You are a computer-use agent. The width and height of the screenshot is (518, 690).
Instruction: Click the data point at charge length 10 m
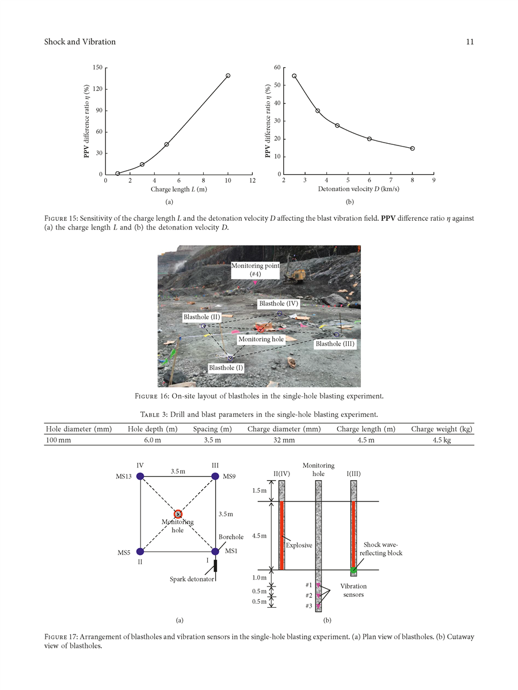(228, 76)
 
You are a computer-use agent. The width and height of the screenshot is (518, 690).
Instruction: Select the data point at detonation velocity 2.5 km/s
(294, 76)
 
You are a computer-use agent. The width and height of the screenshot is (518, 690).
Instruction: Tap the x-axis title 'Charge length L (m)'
(178, 189)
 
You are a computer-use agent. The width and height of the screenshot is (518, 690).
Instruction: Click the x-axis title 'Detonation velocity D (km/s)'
(359, 189)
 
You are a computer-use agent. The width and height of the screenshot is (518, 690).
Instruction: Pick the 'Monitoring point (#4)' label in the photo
(255, 270)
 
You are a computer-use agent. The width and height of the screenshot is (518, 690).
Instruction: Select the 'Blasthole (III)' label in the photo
(335, 344)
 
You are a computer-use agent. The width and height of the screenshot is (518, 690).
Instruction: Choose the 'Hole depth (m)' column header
(152, 429)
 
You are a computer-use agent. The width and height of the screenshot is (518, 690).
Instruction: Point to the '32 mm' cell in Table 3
(283, 440)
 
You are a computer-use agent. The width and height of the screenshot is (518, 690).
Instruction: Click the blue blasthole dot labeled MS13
(140, 476)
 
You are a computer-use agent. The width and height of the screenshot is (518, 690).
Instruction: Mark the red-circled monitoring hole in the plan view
(178, 514)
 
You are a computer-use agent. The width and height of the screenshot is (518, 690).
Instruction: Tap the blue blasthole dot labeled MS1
(215, 551)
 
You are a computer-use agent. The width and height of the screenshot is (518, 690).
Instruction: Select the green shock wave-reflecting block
(353, 570)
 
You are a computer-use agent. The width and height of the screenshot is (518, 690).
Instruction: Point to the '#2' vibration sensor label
(309, 596)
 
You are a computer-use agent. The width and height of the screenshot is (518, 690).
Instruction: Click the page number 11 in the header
(469, 41)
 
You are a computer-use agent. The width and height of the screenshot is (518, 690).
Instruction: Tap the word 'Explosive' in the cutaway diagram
(299, 545)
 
